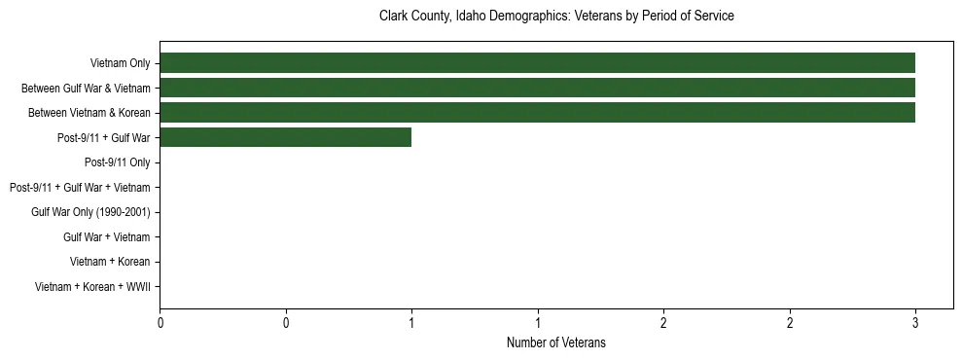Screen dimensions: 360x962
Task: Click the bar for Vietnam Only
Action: coord(537,63)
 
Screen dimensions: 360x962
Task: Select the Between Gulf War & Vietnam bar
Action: coord(537,88)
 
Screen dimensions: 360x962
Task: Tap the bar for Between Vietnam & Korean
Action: coord(537,112)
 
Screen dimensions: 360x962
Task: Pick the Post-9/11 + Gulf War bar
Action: coord(285,137)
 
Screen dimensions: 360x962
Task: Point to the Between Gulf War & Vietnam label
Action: coord(86,89)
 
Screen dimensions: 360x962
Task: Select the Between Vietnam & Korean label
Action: coord(89,113)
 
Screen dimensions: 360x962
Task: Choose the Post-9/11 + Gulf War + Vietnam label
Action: coord(79,188)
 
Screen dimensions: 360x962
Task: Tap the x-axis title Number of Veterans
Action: coord(555,342)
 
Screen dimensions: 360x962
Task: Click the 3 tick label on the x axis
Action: coord(915,321)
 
